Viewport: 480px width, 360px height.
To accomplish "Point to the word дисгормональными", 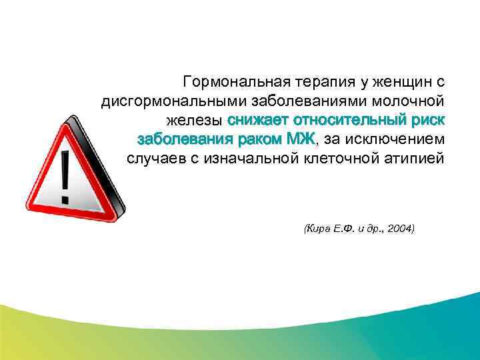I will click(174, 102).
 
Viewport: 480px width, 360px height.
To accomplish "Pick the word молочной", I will click(411, 102).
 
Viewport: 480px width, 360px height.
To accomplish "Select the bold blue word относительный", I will click(350, 121).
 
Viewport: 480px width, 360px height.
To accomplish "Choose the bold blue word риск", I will click(429, 121).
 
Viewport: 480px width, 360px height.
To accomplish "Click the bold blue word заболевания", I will click(180, 140).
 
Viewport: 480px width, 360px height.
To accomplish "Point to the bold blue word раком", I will click(256, 140).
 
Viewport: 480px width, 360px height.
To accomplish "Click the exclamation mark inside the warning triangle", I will click(65, 177).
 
